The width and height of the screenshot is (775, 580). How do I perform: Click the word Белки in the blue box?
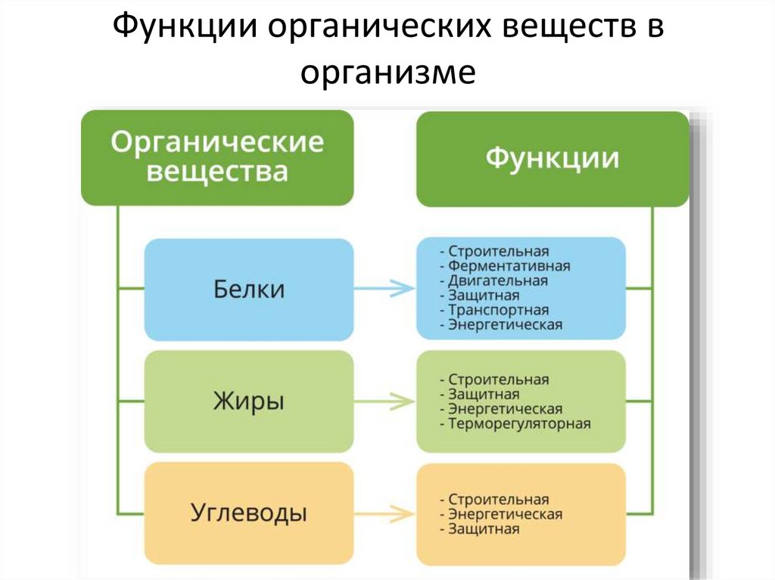pos(249,289)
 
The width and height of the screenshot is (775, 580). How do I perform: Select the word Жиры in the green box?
pos(249,401)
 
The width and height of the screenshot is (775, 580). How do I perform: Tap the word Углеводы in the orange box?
pos(249,513)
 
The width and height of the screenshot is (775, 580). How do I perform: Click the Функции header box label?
pos(552,158)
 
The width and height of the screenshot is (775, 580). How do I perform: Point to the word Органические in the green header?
pos(217,141)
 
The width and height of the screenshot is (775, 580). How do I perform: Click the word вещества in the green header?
pos(217,171)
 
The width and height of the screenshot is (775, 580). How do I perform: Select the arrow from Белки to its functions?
pos(384,288)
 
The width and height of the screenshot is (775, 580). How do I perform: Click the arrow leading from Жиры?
pos(384,401)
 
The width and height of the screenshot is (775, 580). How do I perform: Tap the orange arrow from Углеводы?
pos(384,513)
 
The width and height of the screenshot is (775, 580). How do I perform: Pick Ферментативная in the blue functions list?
pos(509,266)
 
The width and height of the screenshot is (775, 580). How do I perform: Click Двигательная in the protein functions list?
pos(497,281)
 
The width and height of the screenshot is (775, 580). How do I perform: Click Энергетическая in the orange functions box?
pos(505,514)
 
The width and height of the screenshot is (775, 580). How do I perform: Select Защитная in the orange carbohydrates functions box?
pos(484,529)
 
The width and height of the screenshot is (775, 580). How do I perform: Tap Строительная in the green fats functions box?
pos(498,380)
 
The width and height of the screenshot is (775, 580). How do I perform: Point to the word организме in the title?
pos(387,73)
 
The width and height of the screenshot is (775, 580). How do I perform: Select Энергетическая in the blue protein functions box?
pos(505,325)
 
